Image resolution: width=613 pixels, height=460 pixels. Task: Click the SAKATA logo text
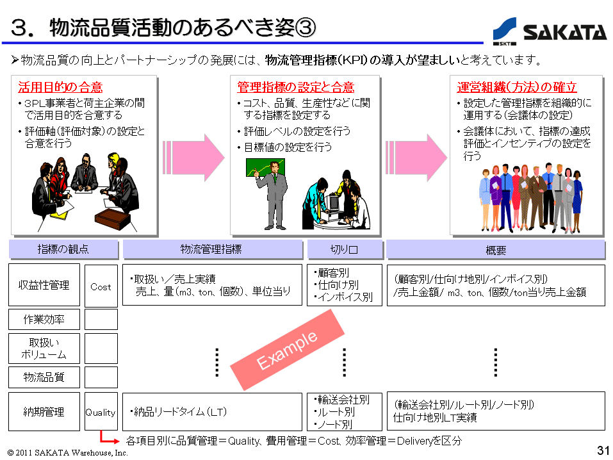pyautogui.click(x=564, y=31)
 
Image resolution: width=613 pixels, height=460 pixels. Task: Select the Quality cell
pyautogui.click(x=101, y=412)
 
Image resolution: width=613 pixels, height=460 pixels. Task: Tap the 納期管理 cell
pyautogui.click(x=44, y=412)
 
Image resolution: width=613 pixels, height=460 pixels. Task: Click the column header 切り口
pyautogui.click(x=345, y=249)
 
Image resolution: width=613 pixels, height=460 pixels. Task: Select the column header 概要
pyautogui.click(x=496, y=249)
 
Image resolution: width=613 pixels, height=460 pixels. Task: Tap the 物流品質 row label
pyautogui.click(x=44, y=377)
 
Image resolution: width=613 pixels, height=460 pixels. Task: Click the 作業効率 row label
pyautogui.click(x=44, y=319)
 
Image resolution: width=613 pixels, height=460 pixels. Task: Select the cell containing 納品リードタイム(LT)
pyautogui.click(x=212, y=412)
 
